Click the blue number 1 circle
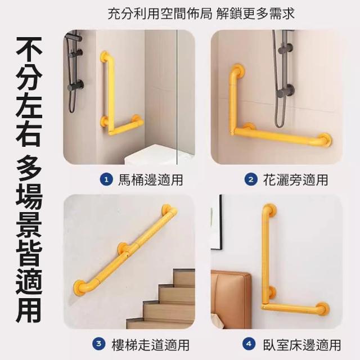[106, 180]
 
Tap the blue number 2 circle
[251, 180]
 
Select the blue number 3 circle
[99, 344]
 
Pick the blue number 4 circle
[249, 344]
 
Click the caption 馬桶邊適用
[151, 180]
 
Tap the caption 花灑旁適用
[295, 180]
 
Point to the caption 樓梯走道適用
[151, 344]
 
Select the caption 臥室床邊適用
[302, 344]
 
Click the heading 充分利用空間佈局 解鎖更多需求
[201, 13]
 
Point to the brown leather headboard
[231, 299]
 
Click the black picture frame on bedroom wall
[217, 223]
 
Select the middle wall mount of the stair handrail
[124, 247]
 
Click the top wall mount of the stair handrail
[167, 209]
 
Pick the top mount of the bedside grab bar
[271, 209]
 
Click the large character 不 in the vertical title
[29, 49]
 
